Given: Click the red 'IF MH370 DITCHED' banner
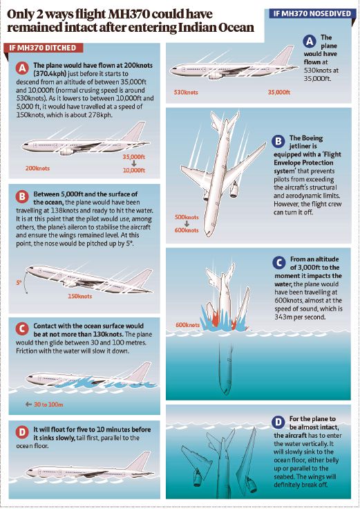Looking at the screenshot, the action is (43, 48).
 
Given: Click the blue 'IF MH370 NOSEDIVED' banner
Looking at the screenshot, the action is (312, 14).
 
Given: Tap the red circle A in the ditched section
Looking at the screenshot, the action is (22, 68).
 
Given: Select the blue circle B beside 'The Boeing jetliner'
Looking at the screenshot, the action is (278, 142).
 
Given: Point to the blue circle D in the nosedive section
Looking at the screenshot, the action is (278, 423).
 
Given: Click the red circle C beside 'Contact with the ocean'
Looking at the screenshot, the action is (22, 329).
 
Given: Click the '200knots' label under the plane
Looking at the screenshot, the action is (37, 168).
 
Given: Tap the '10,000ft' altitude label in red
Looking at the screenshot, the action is (134, 170).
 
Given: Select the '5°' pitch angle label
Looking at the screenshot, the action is (19, 283).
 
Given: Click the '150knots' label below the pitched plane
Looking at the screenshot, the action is (79, 296).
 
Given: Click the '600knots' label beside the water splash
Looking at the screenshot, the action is (187, 325).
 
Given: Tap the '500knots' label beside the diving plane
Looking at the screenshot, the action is (187, 217).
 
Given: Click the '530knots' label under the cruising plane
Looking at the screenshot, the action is (186, 92).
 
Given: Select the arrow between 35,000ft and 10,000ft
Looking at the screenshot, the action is (134, 164).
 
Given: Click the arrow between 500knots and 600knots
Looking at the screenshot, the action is (187, 223).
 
